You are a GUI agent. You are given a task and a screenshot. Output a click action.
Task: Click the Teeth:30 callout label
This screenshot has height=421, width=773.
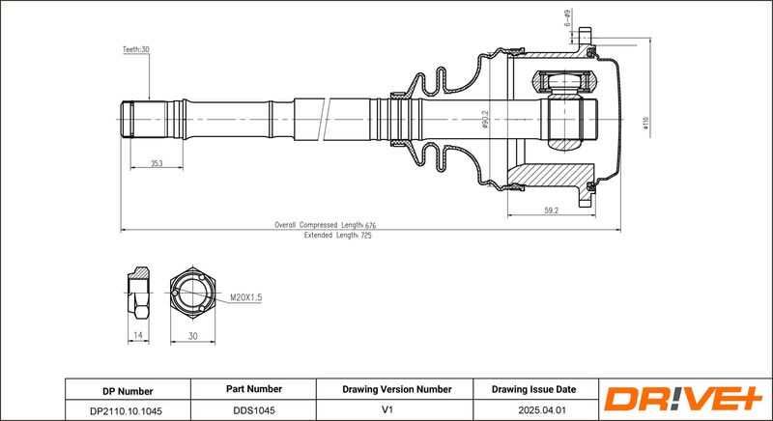tap(135, 49)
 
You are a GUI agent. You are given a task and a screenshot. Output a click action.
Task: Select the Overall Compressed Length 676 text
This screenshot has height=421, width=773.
tap(324, 225)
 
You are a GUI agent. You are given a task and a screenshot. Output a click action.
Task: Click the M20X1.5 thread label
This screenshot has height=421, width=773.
tap(246, 298)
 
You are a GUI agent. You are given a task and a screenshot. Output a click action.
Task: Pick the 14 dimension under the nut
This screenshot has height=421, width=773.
tap(138, 334)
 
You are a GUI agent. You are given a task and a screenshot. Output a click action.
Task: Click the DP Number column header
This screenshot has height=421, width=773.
tap(128, 390)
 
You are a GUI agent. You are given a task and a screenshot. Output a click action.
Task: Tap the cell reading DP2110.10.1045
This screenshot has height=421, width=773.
tap(128, 409)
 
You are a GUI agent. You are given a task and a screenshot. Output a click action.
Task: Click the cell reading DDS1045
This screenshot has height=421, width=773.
tap(253, 409)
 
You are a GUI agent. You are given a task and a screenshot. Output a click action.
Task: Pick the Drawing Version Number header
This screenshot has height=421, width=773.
tap(397, 390)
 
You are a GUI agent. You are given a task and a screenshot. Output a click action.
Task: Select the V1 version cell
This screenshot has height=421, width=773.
tap(397, 409)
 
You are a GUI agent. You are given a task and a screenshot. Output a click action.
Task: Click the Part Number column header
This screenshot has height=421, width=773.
tap(253, 390)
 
